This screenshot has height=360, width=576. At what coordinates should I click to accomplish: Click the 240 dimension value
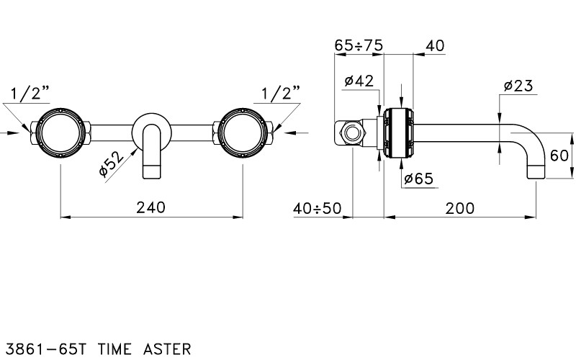[x=151, y=207]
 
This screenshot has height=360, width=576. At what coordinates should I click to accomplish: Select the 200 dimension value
[x=460, y=209]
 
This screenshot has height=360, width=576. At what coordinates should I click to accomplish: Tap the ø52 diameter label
[x=112, y=164]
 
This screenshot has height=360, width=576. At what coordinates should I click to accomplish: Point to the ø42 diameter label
[x=359, y=81]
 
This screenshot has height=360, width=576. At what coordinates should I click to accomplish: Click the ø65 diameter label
[x=419, y=179]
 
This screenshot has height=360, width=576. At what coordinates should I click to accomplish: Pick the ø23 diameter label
[x=518, y=86]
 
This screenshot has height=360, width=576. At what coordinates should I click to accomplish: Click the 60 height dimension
[x=559, y=156]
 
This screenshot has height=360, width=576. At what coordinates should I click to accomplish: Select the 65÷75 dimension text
[x=359, y=45]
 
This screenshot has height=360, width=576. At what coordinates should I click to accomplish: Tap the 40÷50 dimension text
[x=318, y=209]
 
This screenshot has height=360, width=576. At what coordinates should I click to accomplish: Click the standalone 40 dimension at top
[x=435, y=46]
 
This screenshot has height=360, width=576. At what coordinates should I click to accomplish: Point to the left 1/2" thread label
[x=30, y=94]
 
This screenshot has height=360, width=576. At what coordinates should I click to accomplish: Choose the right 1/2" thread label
[x=281, y=94]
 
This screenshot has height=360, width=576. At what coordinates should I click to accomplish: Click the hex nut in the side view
[x=352, y=133]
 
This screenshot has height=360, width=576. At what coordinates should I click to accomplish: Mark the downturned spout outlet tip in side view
[x=536, y=178]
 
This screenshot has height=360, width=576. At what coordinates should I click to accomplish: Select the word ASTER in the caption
[x=167, y=348]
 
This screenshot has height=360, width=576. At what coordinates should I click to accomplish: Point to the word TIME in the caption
[x=114, y=348]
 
